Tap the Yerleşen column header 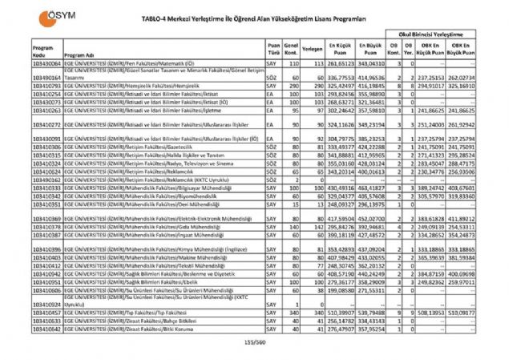point(312,49)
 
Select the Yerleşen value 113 point(317,62)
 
